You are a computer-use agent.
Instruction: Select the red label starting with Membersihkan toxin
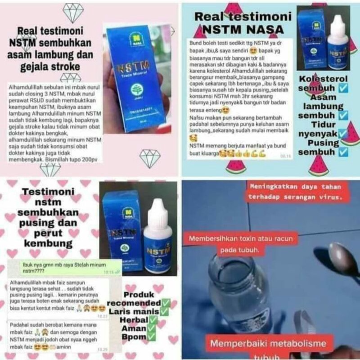click(x=240, y=243)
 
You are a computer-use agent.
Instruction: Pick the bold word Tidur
click(x=320, y=125)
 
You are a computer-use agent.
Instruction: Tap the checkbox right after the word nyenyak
click(x=342, y=134)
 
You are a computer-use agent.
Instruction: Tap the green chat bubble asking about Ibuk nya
click(x=70, y=268)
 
